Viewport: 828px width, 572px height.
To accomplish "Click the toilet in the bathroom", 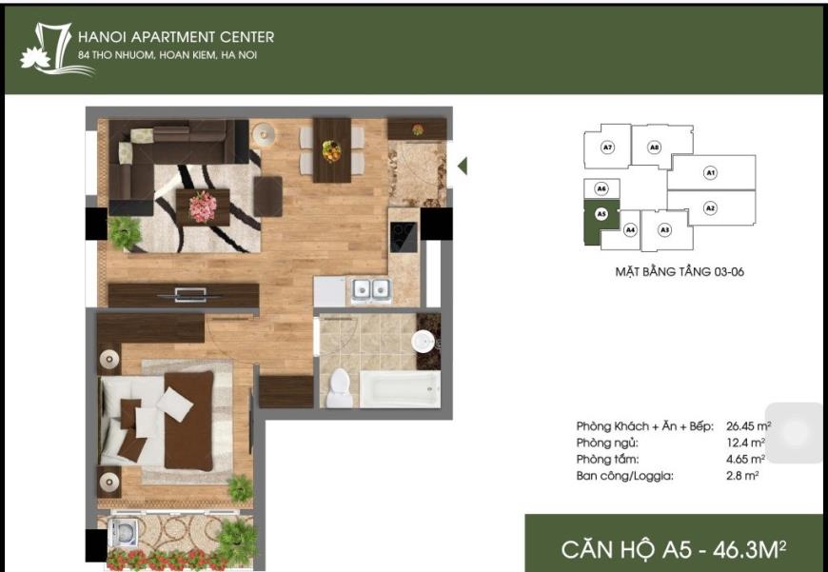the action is pyautogui.click(x=339, y=388).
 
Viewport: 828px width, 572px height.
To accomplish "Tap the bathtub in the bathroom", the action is pyautogui.click(x=401, y=389).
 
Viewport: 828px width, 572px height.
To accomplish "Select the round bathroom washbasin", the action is pyautogui.click(x=423, y=341).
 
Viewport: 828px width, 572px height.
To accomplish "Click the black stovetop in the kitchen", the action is pyautogui.click(x=404, y=237).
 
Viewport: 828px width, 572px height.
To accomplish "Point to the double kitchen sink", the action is pyautogui.click(x=372, y=289).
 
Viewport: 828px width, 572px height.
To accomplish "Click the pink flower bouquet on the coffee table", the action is pyautogui.click(x=203, y=207).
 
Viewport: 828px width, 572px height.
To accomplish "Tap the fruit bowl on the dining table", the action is pyautogui.click(x=331, y=151).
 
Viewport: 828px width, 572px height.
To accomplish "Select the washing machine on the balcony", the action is pyautogui.click(x=123, y=532).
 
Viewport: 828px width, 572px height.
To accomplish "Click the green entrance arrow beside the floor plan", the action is pyautogui.click(x=462, y=166).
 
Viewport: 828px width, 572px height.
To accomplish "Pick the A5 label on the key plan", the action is pyautogui.click(x=601, y=214).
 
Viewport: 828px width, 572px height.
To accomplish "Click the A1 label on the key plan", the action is pyautogui.click(x=710, y=172).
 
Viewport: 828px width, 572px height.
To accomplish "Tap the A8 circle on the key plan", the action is pyautogui.click(x=654, y=148).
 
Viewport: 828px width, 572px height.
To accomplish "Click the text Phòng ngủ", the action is pyautogui.click(x=607, y=443).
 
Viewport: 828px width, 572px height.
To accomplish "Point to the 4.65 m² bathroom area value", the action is pyautogui.click(x=745, y=459).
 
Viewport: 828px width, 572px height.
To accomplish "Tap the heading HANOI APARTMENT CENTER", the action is pyautogui.click(x=176, y=37).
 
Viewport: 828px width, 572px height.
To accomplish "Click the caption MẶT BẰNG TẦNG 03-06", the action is pyautogui.click(x=680, y=271).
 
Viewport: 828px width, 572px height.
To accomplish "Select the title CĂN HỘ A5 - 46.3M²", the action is pyautogui.click(x=674, y=549).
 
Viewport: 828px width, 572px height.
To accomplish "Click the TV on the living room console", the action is pyautogui.click(x=189, y=295).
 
